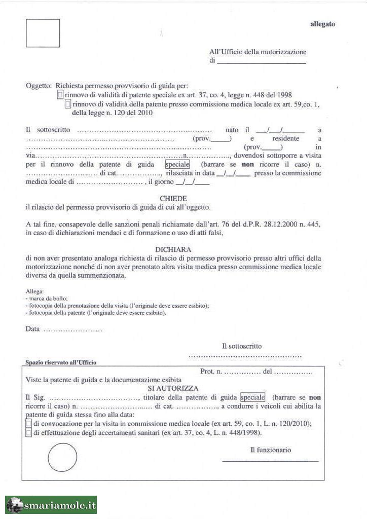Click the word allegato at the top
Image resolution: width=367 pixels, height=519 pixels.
322,24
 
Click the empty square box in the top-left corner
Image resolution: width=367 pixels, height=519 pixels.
43,33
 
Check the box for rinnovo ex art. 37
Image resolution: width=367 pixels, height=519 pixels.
60,95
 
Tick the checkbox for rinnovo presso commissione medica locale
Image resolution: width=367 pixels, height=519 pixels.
68,104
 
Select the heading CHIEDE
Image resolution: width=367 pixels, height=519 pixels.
173,199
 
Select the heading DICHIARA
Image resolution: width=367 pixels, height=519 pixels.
173,249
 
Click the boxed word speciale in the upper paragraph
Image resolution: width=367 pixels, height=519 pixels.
177,165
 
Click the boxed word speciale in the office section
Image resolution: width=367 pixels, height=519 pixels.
252,397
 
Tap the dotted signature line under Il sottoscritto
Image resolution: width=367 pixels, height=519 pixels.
245,356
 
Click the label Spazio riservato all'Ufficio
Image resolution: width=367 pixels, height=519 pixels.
61,362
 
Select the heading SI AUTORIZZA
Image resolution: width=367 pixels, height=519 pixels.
173,388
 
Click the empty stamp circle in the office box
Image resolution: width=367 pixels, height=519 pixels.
62,458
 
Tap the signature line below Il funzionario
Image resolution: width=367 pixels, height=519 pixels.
270,461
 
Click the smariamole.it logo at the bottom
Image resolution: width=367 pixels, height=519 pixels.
51,505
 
